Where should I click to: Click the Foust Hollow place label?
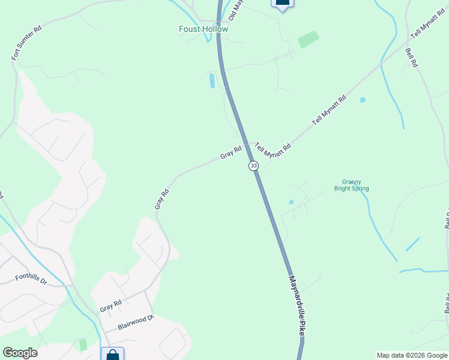click(203, 29)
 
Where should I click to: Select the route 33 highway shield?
click(254, 165)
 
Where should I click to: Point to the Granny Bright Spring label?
click(351, 185)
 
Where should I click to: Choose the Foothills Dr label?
click(31, 280)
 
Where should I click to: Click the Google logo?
click(20, 353)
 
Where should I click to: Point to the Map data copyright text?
click(412, 355)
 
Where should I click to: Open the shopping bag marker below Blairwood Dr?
click(112, 355)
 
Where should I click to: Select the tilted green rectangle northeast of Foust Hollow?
click(308, 40)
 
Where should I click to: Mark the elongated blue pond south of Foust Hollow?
click(211, 80)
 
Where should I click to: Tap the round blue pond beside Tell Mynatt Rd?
click(363, 100)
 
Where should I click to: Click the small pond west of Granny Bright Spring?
click(291, 202)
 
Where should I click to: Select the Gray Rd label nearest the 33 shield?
click(231, 152)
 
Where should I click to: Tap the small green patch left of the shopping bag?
click(83, 345)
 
